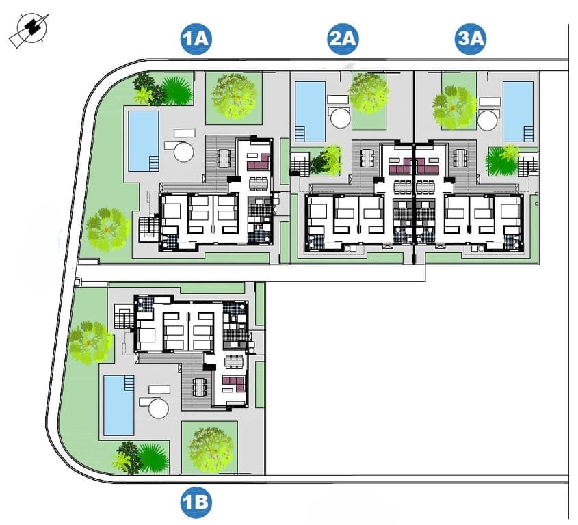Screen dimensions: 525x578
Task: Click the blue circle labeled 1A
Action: click(x=196, y=39)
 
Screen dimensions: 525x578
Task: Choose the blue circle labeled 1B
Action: click(x=196, y=504)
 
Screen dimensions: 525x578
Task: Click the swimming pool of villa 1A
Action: click(x=143, y=141)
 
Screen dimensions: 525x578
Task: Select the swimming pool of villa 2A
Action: click(x=310, y=111)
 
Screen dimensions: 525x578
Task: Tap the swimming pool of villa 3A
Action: click(x=518, y=111)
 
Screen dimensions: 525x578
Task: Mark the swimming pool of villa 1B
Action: click(x=118, y=405)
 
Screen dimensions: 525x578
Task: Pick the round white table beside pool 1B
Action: click(x=158, y=409)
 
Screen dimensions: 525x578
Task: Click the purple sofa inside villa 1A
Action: click(x=257, y=163)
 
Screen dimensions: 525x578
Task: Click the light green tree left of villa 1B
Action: click(x=90, y=342)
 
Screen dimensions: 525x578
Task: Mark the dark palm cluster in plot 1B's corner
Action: click(x=140, y=457)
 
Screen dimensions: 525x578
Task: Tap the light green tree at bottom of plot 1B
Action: click(x=209, y=448)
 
